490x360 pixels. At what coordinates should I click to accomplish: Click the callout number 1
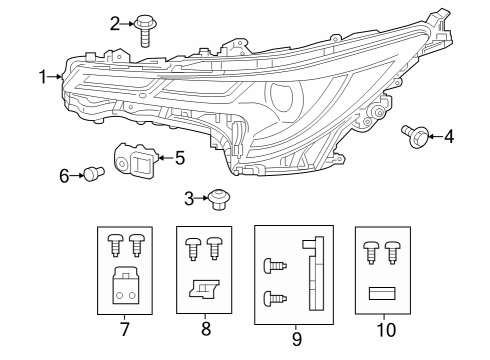click(43, 77)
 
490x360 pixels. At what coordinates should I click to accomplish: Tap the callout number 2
click(116, 22)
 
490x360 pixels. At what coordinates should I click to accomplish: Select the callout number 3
click(188, 197)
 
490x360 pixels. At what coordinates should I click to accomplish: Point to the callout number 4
click(449, 135)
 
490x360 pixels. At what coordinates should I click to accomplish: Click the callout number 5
click(179, 157)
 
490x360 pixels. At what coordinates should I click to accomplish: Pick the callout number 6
click(64, 176)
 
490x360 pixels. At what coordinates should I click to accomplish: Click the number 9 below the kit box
click(296, 340)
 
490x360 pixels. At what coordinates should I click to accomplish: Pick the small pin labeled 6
click(93, 174)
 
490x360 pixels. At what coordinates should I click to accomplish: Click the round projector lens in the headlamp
click(284, 100)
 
